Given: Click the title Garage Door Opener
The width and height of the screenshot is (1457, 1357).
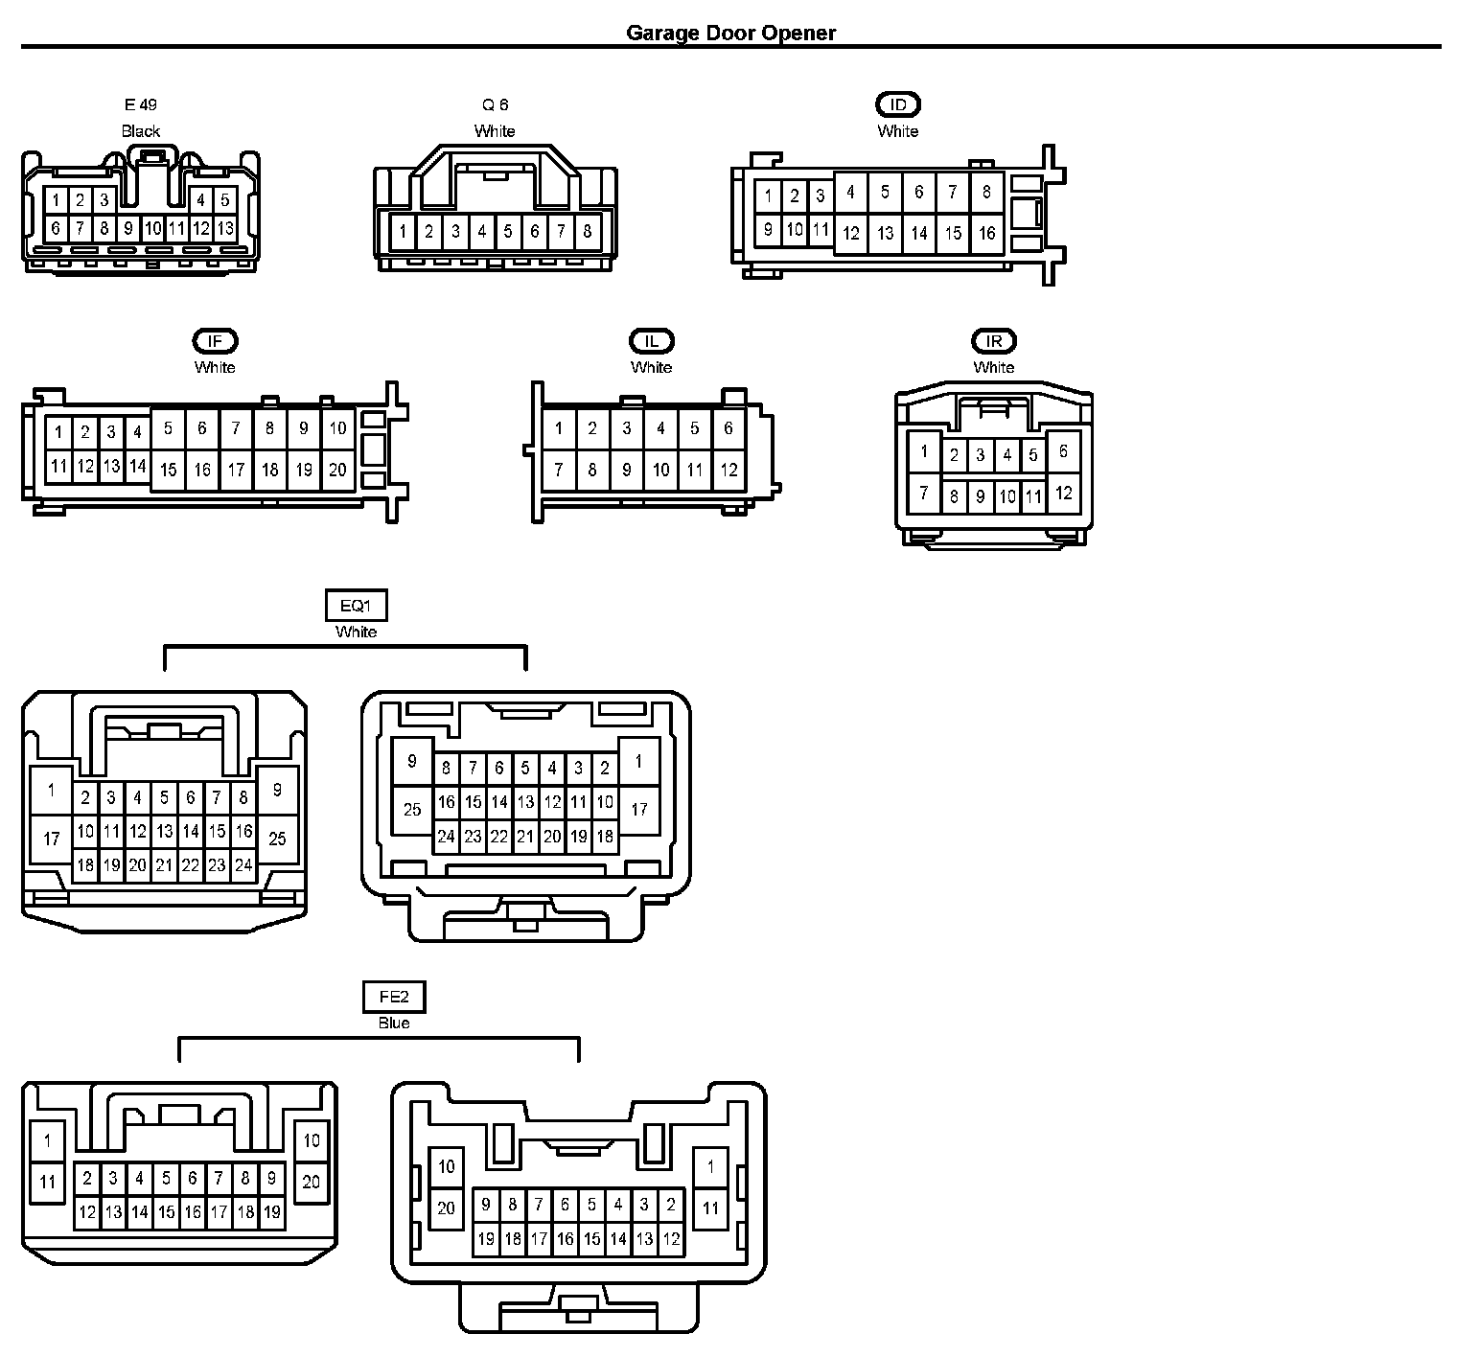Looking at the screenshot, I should pos(730,33).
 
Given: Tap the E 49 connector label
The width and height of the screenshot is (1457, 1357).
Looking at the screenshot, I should pos(140,104).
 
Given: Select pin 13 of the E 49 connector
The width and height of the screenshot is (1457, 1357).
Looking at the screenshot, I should pos(225,229).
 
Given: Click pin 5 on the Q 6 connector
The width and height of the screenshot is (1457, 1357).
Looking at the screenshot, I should pos(508,231).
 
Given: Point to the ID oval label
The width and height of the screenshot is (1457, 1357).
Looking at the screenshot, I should pos(898,104).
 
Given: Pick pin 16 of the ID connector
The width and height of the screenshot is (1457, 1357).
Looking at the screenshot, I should pos(987,233).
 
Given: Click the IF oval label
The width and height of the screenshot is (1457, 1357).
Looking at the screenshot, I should pos(215,340).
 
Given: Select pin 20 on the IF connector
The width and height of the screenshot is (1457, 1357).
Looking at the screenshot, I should pos(337,470).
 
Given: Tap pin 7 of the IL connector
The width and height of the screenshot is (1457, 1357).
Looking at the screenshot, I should pos(559,470).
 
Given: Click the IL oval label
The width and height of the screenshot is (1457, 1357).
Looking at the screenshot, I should pos(652,340).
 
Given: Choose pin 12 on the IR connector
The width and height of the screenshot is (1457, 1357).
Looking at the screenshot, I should pos(1064,494).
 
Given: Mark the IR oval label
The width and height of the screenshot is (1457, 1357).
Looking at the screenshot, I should pos(994,340).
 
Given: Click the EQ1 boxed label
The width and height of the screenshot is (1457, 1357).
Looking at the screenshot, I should pos(357,606).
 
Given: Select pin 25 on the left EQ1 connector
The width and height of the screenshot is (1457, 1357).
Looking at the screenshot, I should pos(277,839).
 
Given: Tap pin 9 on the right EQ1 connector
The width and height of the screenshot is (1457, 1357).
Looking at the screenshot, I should pos(412,762).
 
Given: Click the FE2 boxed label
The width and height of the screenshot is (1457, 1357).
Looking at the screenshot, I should pos(394,997).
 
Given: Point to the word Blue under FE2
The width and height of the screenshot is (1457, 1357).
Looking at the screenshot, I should pos(394,1023).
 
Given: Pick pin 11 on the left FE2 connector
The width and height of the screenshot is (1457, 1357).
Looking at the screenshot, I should pos(48,1183).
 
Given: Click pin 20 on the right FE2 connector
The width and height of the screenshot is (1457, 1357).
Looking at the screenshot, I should pos(446,1207).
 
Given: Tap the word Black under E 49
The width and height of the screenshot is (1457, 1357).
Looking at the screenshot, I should pos(141,130).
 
